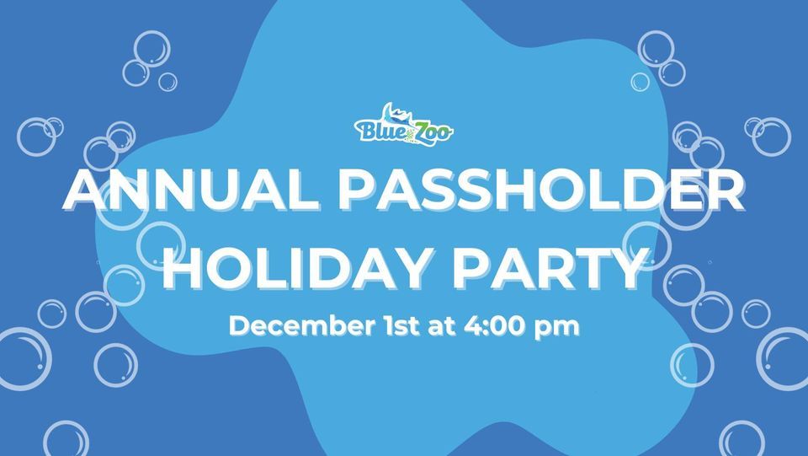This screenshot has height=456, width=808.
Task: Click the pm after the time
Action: pos(558,328)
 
